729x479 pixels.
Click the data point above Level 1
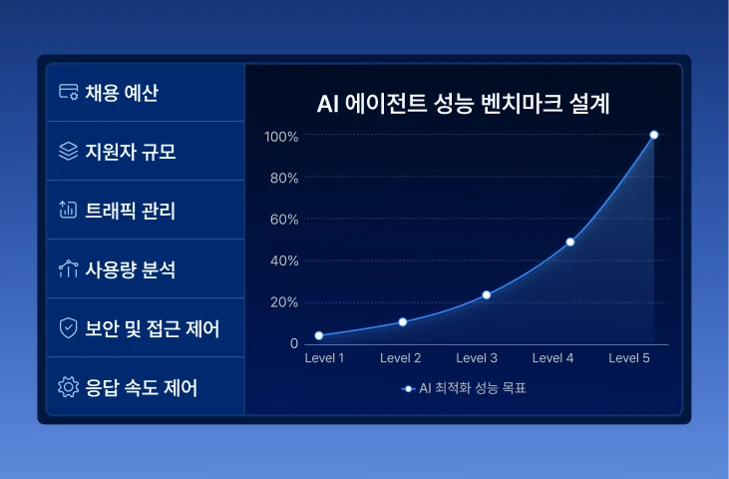pyautogui.click(x=319, y=335)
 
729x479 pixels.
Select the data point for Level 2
pyautogui.click(x=403, y=322)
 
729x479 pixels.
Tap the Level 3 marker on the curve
pyautogui.click(x=487, y=294)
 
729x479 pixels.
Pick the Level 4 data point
pyautogui.click(x=570, y=241)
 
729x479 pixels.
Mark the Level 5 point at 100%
pyautogui.click(x=653, y=135)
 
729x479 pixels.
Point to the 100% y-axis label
pyautogui.click(x=281, y=137)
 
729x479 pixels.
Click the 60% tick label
pyautogui.click(x=284, y=220)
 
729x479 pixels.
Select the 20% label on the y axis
pyautogui.click(x=284, y=302)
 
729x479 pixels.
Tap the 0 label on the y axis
pyautogui.click(x=294, y=343)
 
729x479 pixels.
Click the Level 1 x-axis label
pyautogui.click(x=324, y=358)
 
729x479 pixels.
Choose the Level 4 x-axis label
pyautogui.click(x=552, y=358)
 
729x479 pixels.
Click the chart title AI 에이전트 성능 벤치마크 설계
pyautogui.click(x=463, y=103)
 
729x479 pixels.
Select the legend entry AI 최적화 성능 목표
pyautogui.click(x=464, y=388)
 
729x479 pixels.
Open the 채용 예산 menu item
pyautogui.click(x=122, y=93)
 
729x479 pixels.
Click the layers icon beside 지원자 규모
pyautogui.click(x=69, y=151)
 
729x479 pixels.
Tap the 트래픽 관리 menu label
pyautogui.click(x=131, y=211)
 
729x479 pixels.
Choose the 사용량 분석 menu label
pyautogui.click(x=131, y=269)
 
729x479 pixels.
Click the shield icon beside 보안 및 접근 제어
pyautogui.click(x=69, y=328)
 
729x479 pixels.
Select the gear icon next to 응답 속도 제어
pyautogui.click(x=69, y=387)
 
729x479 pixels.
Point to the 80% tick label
pyautogui.click(x=284, y=178)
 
